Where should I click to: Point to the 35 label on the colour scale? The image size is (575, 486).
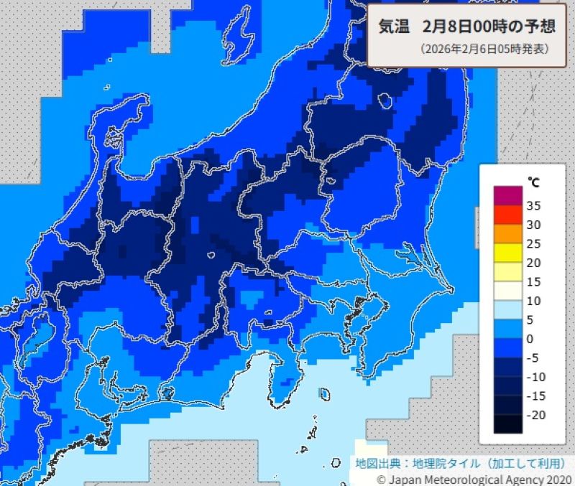(x=533, y=205)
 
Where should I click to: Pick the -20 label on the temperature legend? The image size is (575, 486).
(x=535, y=415)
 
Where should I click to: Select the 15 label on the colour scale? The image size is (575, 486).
(x=533, y=281)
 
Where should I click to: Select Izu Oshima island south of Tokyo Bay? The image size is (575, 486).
(x=324, y=394)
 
